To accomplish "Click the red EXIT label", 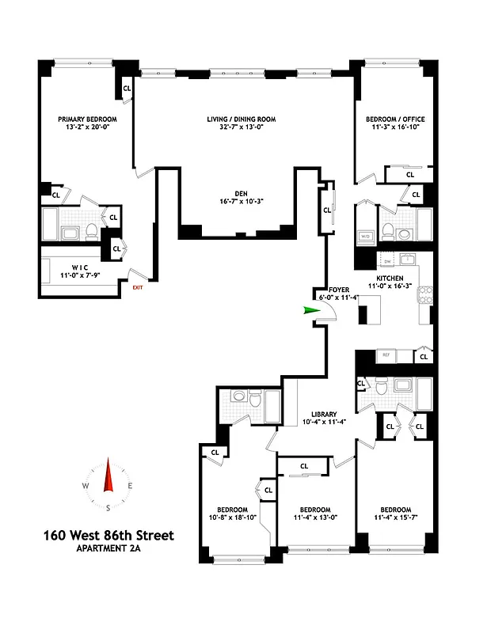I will [x=138, y=288].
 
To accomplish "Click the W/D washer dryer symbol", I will [x=365, y=236].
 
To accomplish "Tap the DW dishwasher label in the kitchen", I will [x=387, y=261].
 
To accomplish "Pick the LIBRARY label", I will [x=324, y=414].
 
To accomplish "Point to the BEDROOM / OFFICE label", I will [x=392, y=119].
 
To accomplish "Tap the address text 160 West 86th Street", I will [x=108, y=536].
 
